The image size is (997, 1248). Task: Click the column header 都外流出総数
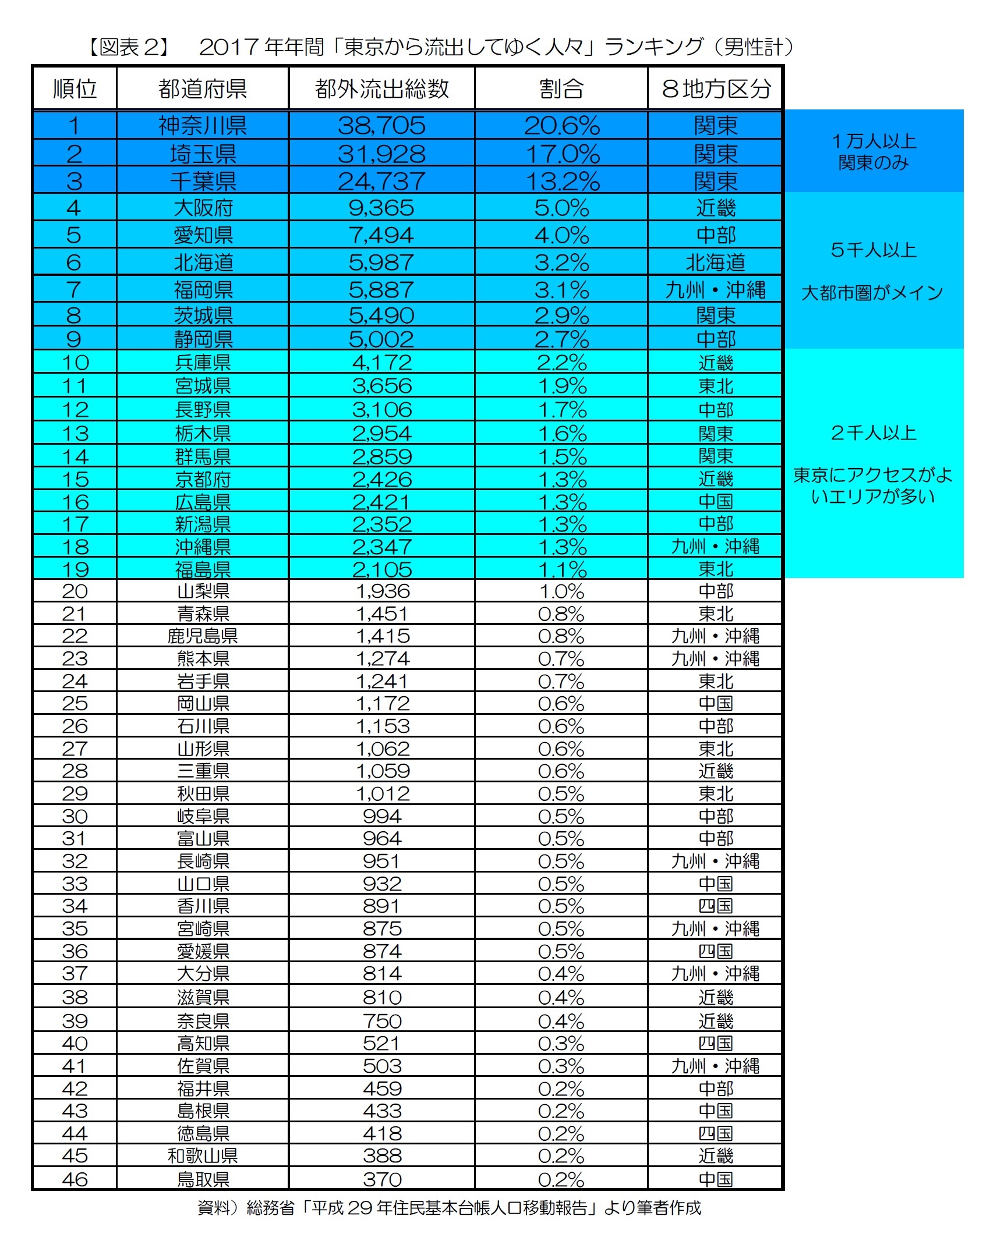[x=381, y=89]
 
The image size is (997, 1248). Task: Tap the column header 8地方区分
[x=716, y=89]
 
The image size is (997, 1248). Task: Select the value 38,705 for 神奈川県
[x=381, y=126]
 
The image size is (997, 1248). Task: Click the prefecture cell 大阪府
[x=203, y=208]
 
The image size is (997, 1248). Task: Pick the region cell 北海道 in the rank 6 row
[x=715, y=263]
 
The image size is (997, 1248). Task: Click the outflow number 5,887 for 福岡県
[x=381, y=290]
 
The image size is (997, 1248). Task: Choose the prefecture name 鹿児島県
[x=203, y=636]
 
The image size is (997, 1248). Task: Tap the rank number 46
[x=75, y=1179]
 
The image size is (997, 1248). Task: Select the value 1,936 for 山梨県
[x=383, y=591]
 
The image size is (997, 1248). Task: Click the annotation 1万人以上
[x=874, y=141]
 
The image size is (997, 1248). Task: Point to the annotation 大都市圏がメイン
[x=872, y=293]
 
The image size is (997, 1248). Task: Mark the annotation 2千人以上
[x=874, y=433]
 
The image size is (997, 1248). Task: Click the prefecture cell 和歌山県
[x=203, y=1156]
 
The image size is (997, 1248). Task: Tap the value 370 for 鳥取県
[x=383, y=1179]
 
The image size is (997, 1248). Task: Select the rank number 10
[x=75, y=363]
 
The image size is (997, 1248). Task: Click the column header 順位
[x=75, y=89]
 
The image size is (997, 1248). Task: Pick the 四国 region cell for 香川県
[x=716, y=906]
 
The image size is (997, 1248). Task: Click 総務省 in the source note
[x=270, y=1208]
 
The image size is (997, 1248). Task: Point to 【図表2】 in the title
[x=129, y=47]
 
